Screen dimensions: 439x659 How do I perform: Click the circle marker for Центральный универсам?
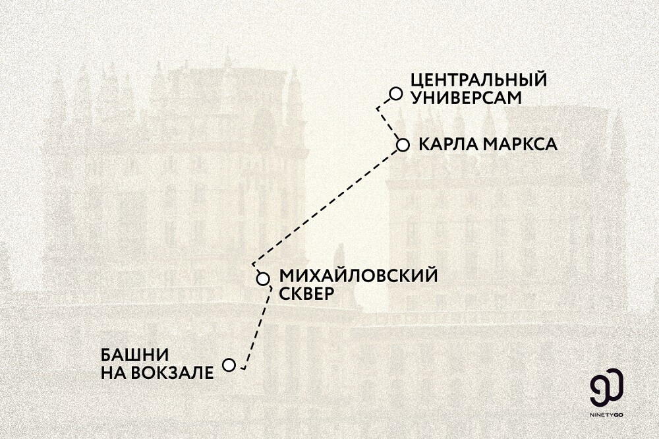click(395, 94)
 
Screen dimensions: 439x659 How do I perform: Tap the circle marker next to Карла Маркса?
click(403, 144)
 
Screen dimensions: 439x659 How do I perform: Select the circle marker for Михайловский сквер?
click(262, 278)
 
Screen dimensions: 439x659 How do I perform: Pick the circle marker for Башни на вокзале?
click(229, 365)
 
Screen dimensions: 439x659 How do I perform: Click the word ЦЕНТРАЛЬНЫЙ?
click(478, 80)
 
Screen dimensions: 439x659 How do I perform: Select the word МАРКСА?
click(520, 144)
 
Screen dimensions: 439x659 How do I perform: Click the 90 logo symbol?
click(607, 390)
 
